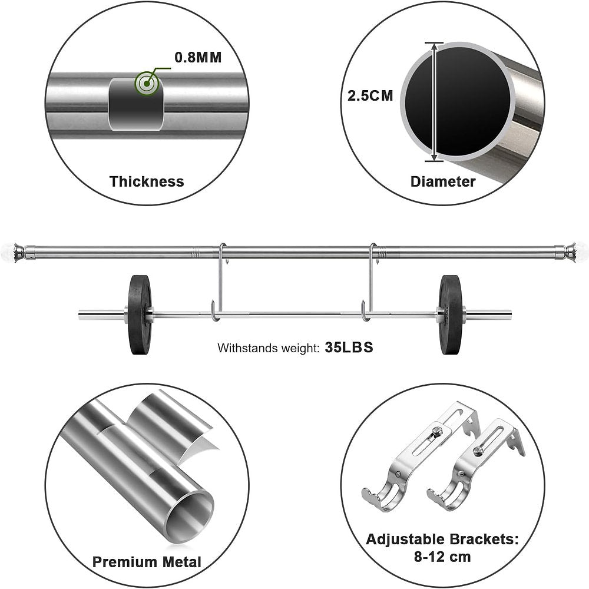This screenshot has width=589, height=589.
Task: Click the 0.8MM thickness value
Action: click(198, 57)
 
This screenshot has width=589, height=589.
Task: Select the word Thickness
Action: click(147, 181)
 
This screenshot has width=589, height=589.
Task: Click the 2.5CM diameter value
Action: click(370, 96)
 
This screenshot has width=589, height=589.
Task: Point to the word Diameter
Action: click(443, 182)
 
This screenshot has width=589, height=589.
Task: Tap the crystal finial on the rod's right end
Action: click(581, 249)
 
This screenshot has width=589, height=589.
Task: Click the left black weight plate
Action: click(140, 315)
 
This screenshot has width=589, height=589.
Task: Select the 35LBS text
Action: click(349, 348)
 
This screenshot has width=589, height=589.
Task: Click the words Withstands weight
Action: click(268, 348)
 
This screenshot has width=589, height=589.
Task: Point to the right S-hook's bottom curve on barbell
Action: click(366, 315)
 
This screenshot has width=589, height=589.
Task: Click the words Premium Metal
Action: click(147, 562)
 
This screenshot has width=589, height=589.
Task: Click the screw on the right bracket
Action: click(478, 451)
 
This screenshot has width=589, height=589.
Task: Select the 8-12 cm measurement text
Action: click(442, 557)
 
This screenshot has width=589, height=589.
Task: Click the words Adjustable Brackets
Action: click(442, 540)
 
